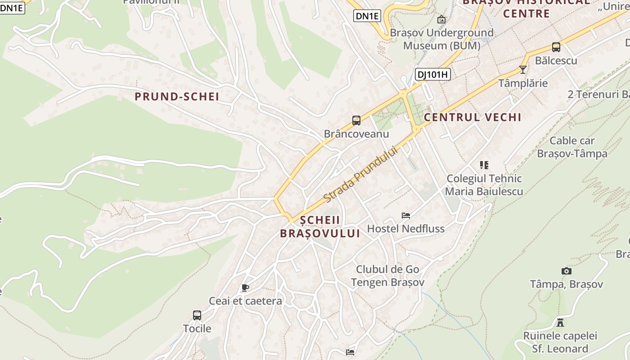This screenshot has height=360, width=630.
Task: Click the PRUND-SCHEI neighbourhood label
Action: point(177,96)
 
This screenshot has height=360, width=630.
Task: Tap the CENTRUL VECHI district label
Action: point(472,117)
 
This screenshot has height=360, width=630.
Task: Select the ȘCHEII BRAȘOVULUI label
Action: point(320,227)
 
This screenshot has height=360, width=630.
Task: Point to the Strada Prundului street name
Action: point(361,175)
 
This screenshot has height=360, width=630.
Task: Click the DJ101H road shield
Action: point(432,75)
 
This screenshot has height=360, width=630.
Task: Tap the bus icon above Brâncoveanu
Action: point(356,121)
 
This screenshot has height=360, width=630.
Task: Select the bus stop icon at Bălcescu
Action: point(556,47)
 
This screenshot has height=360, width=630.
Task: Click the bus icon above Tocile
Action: point(197,315)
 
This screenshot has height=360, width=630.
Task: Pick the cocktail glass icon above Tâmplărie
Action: point(522,70)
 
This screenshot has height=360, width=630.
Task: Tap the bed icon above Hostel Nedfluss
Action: point(406,216)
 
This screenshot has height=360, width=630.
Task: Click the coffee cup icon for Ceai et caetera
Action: point(245,288)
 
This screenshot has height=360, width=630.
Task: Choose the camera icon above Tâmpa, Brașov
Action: point(567,271)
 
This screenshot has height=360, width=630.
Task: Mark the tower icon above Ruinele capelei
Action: point(560,322)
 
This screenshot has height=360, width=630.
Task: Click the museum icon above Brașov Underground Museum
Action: point(441,19)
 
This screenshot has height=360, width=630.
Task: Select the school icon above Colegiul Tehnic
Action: point(484,165)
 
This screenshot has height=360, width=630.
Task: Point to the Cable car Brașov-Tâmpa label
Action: point(572,147)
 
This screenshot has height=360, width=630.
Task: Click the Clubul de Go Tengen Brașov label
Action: point(387,276)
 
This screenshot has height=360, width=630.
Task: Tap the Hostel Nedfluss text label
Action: point(406,229)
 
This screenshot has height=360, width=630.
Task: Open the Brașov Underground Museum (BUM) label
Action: point(441,39)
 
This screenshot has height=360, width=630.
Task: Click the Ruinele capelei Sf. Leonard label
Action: point(560,342)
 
